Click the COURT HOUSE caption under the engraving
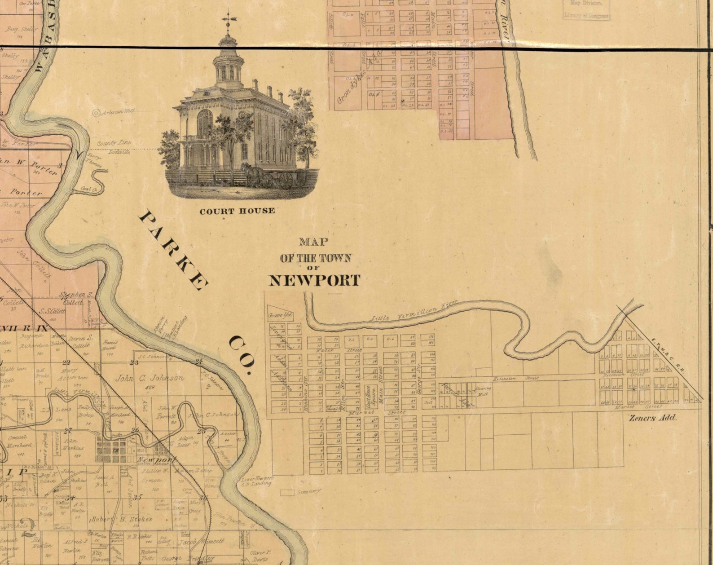point(237,211)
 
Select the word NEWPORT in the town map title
point(314,281)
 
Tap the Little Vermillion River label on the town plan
point(413,311)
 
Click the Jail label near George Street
point(427,402)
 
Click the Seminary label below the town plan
point(308,492)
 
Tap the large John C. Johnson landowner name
point(150,378)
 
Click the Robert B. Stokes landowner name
point(122,519)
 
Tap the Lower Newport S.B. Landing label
point(256,481)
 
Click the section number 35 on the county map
point(138,497)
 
